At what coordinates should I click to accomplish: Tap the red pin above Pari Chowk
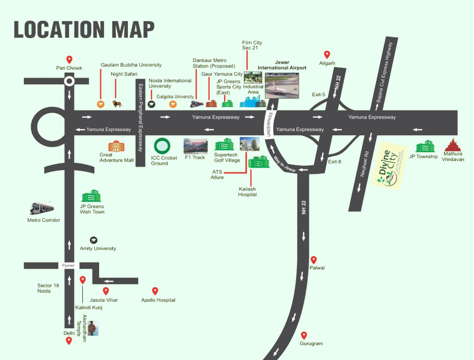click(x=69, y=59)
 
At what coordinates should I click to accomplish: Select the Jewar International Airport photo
click(x=281, y=86)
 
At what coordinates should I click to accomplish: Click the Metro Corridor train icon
click(x=42, y=208)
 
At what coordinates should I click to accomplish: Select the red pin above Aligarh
click(x=327, y=54)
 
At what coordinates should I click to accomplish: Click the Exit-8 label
click(x=335, y=162)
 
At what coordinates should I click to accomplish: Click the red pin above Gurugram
click(x=304, y=335)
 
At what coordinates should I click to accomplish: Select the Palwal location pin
click(x=312, y=260)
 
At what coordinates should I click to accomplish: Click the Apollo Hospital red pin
click(x=155, y=291)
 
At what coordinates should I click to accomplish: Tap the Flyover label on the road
click(x=68, y=266)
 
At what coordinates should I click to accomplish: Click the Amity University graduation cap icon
click(x=93, y=240)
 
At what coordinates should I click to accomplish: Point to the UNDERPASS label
click(x=270, y=123)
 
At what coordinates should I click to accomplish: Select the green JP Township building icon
click(x=425, y=146)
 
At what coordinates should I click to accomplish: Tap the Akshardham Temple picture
click(x=93, y=329)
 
